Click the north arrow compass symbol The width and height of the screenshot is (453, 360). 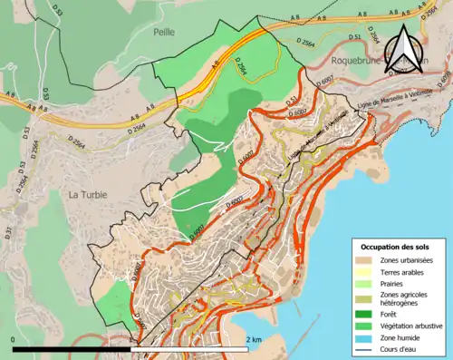click(x=405, y=47)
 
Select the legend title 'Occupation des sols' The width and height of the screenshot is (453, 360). click(x=396, y=247)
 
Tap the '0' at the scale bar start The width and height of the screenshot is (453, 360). click(x=14, y=339)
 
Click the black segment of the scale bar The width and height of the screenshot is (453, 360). click(x=72, y=348)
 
